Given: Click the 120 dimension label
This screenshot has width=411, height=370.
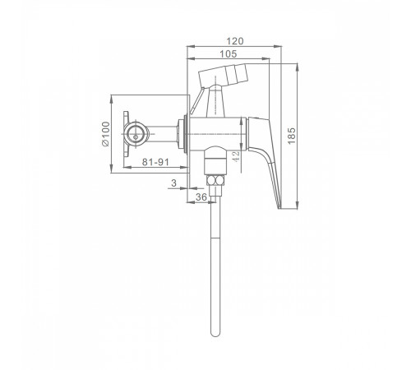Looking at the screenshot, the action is coord(235,41).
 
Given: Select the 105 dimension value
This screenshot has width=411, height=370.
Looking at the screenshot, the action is coord(229,54).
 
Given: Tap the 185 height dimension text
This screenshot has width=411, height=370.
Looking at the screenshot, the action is coord(292,136).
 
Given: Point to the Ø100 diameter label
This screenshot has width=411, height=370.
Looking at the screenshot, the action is coord(105,134).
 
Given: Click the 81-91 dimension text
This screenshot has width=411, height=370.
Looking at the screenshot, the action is coord(155,162).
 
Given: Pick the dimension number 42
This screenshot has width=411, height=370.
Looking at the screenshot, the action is coord(235,156).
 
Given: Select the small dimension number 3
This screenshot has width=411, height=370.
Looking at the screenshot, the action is coord(173,183).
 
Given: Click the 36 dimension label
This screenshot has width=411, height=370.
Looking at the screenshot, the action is coord(201,197).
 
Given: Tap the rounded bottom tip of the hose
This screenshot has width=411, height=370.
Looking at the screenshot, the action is coord(215,335).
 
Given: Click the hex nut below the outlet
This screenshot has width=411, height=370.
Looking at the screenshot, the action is coord(215,180).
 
